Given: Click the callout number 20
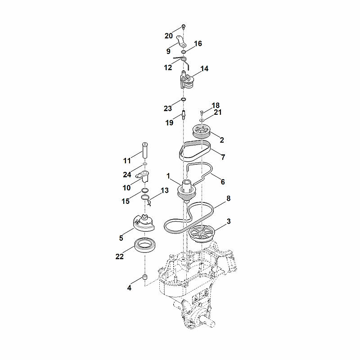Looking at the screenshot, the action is (x=168, y=36).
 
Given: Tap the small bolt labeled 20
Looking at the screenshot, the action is (x=184, y=27).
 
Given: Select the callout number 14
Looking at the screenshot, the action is (x=204, y=69).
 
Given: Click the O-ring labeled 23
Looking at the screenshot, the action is (x=183, y=99).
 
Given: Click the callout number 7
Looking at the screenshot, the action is (x=223, y=157).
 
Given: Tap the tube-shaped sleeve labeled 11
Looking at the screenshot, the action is (x=145, y=150).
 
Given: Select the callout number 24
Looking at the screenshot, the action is (x=127, y=175).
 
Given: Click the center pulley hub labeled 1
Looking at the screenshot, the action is (x=186, y=191).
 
